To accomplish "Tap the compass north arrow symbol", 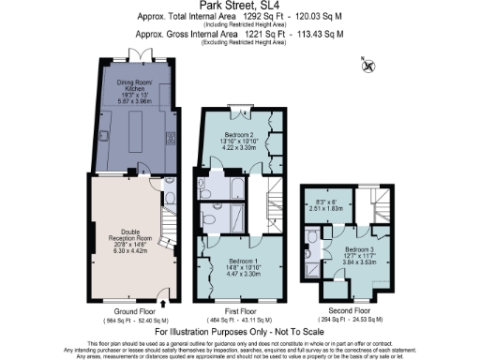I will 368,65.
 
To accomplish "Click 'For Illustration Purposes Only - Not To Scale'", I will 240,332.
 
